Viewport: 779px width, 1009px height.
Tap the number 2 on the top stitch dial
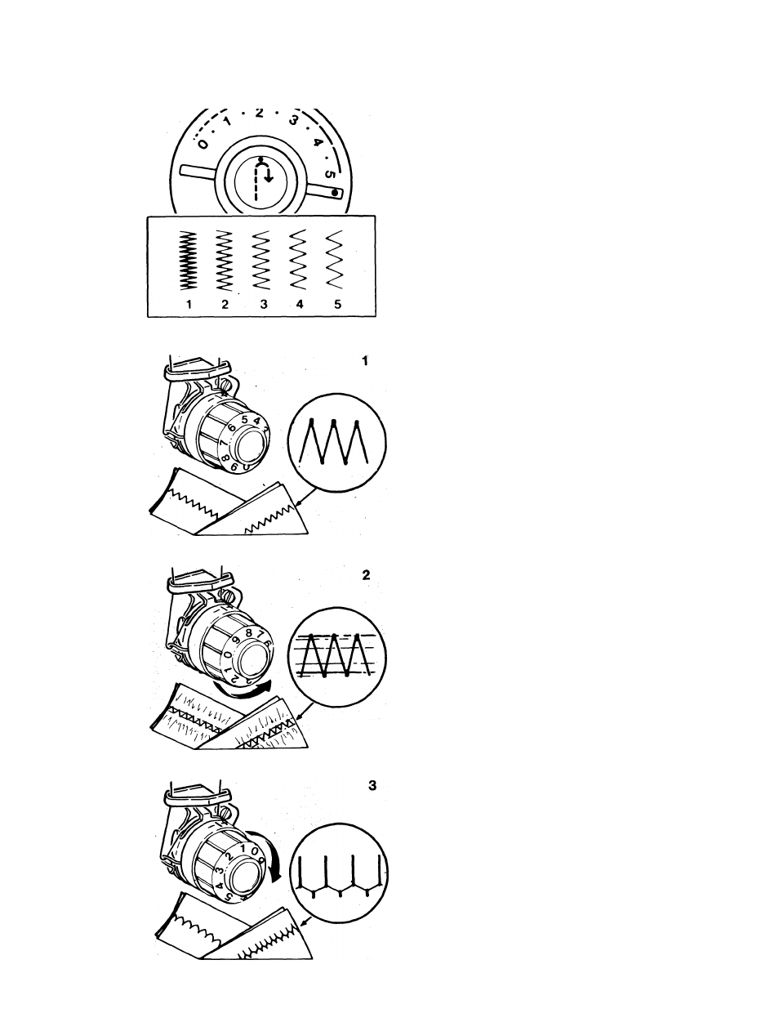coord(259,113)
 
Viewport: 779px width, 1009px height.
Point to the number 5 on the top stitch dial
coord(328,174)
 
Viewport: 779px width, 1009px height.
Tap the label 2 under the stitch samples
coord(225,304)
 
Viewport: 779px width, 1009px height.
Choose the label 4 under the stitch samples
coord(300,304)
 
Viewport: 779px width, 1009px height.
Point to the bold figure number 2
coord(366,574)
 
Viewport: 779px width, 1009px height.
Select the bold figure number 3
coord(372,786)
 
